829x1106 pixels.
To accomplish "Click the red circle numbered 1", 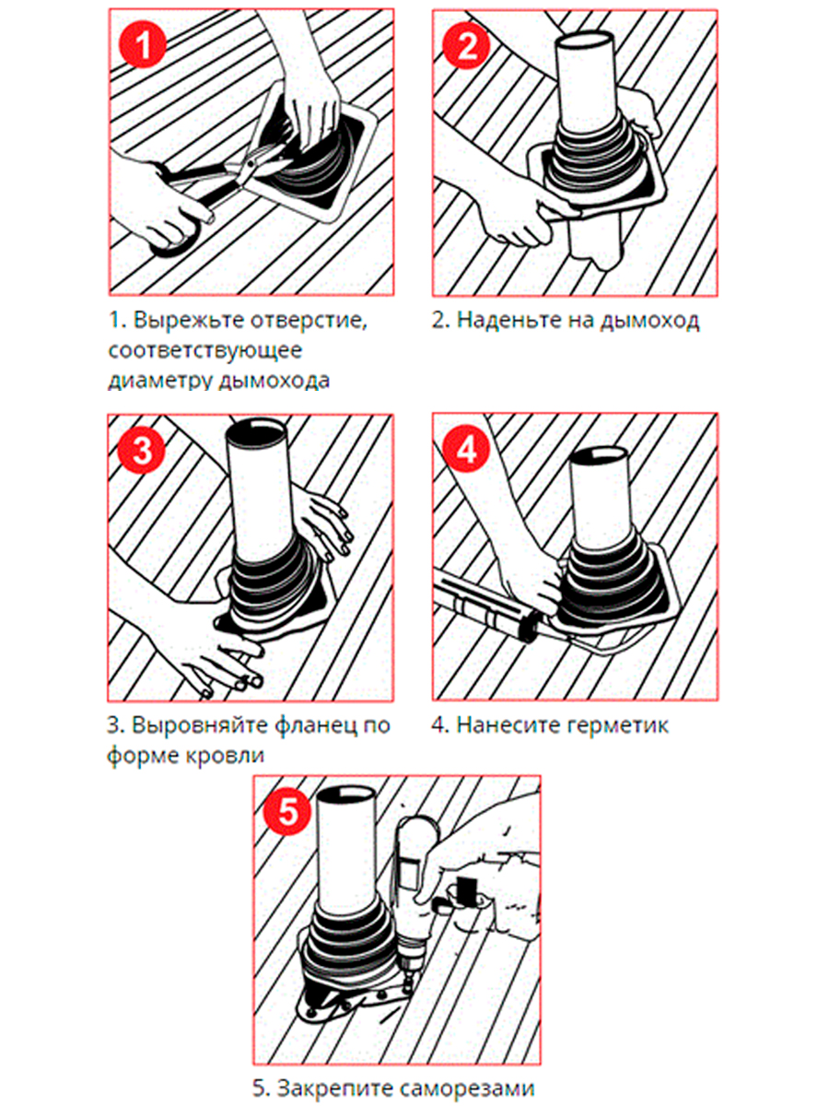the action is click(x=143, y=44).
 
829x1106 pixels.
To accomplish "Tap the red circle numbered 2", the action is click(x=466, y=45).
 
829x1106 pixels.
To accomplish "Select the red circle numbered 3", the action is click(x=142, y=450).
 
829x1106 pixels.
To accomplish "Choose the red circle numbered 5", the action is click(x=288, y=811).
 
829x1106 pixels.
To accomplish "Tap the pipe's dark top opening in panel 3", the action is click(x=256, y=430).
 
